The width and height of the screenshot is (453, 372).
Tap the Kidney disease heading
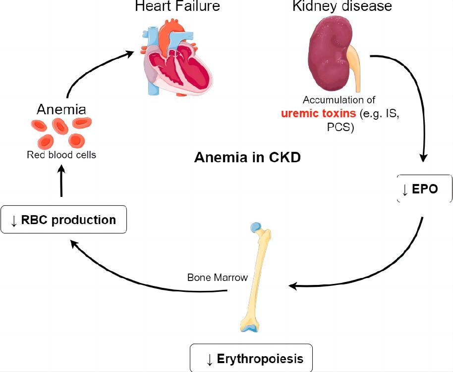coord(342,6)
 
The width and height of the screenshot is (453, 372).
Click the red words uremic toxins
coord(319,113)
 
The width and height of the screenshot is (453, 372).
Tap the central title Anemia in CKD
coord(247,158)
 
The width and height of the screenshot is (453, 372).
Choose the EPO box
coord(425,189)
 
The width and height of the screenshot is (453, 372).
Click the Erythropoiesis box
coord(252,358)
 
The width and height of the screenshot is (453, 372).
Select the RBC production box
coord(63,219)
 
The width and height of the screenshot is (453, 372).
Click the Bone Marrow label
coord(217,278)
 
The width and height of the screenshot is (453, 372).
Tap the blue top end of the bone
coord(255,228)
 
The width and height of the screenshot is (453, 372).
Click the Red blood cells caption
coord(61,155)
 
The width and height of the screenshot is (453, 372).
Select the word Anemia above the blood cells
coord(61,109)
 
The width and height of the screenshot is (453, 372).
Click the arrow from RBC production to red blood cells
coord(62,181)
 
